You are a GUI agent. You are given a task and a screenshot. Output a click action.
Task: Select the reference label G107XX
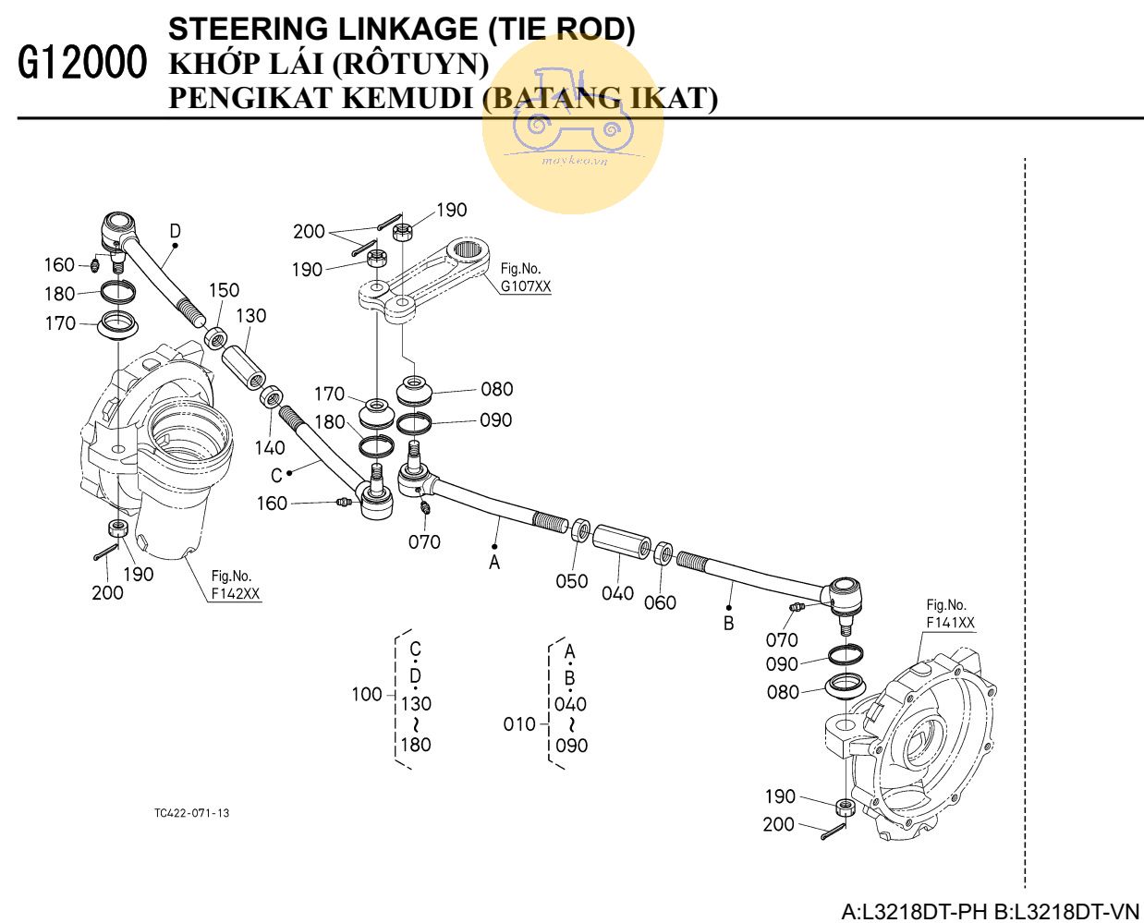tap(526, 286)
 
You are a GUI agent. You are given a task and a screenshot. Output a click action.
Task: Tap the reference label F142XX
tap(235, 594)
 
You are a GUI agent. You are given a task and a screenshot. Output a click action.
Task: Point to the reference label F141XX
tap(950, 624)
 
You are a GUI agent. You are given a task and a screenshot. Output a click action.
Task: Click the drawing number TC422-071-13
tap(192, 813)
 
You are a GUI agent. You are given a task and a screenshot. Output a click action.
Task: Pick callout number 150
tap(224, 290)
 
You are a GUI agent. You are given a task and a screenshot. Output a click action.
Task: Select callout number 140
tap(270, 448)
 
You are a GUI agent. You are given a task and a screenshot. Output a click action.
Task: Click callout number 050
tap(571, 580)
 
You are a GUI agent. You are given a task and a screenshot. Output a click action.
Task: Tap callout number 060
tap(660, 602)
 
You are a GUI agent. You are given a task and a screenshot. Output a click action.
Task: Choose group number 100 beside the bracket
tap(367, 694)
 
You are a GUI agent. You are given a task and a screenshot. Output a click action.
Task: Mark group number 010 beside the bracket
tap(519, 724)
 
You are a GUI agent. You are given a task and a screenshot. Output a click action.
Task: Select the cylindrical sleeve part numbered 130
tap(245, 366)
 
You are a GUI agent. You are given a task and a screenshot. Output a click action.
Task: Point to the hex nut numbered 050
tap(579, 530)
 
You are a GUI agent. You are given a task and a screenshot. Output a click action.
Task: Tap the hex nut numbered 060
tap(663, 554)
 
